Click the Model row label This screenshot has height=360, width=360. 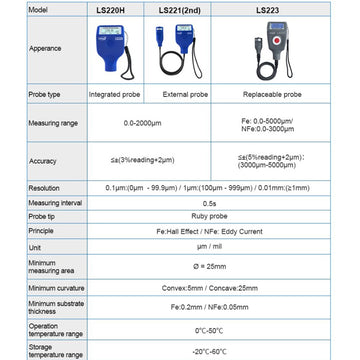(x=39, y=9)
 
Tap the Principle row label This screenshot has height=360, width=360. (x=41, y=228)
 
